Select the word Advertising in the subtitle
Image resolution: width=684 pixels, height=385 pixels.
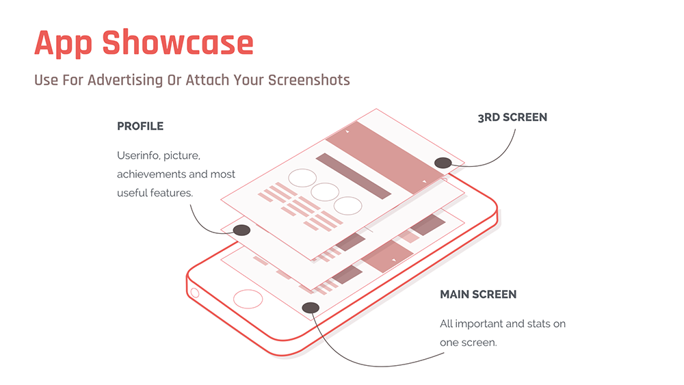125,79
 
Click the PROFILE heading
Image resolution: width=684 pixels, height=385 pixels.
140,127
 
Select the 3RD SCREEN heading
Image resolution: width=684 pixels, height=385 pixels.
512,118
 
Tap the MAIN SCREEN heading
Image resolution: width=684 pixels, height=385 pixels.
478,295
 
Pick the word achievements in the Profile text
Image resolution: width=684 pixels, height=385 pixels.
148,174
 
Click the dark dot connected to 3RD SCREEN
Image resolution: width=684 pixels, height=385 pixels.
443,163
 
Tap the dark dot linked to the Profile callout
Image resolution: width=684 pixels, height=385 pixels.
241,230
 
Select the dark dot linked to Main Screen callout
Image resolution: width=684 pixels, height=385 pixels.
310,308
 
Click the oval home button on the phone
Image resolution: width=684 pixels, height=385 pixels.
248,299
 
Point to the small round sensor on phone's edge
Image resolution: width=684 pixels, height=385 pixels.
194,293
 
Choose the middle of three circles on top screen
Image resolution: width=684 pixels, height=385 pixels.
325,192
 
